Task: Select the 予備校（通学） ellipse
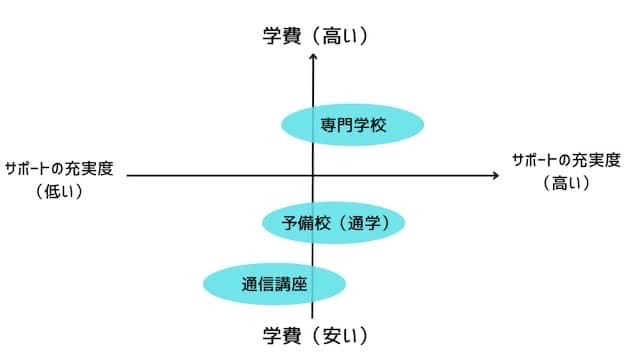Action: point(333,223)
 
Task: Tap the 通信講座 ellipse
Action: point(274,283)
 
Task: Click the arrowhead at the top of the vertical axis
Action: point(315,56)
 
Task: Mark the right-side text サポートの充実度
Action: point(566,160)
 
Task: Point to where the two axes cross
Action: point(315,176)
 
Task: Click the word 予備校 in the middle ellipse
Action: point(303,223)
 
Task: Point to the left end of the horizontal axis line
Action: point(129,176)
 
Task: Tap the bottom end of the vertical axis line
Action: point(315,318)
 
